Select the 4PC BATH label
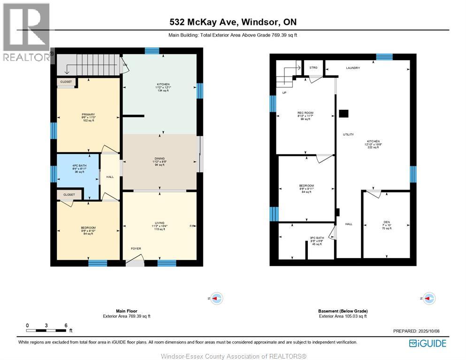coord(78,165)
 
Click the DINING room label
coord(160,159)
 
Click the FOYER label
coord(136,249)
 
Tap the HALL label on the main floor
coord(110,177)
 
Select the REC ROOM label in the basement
coord(305,113)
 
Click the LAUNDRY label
coord(353,68)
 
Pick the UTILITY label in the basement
coord(348,135)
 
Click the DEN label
coord(386,222)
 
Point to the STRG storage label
coord(313,68)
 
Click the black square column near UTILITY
coord(344,113)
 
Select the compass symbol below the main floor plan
coord(216,298)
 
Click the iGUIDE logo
coord(428,343)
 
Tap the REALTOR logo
coord(26,33)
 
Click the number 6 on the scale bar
coord(66,325)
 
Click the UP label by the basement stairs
coord(284,92)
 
